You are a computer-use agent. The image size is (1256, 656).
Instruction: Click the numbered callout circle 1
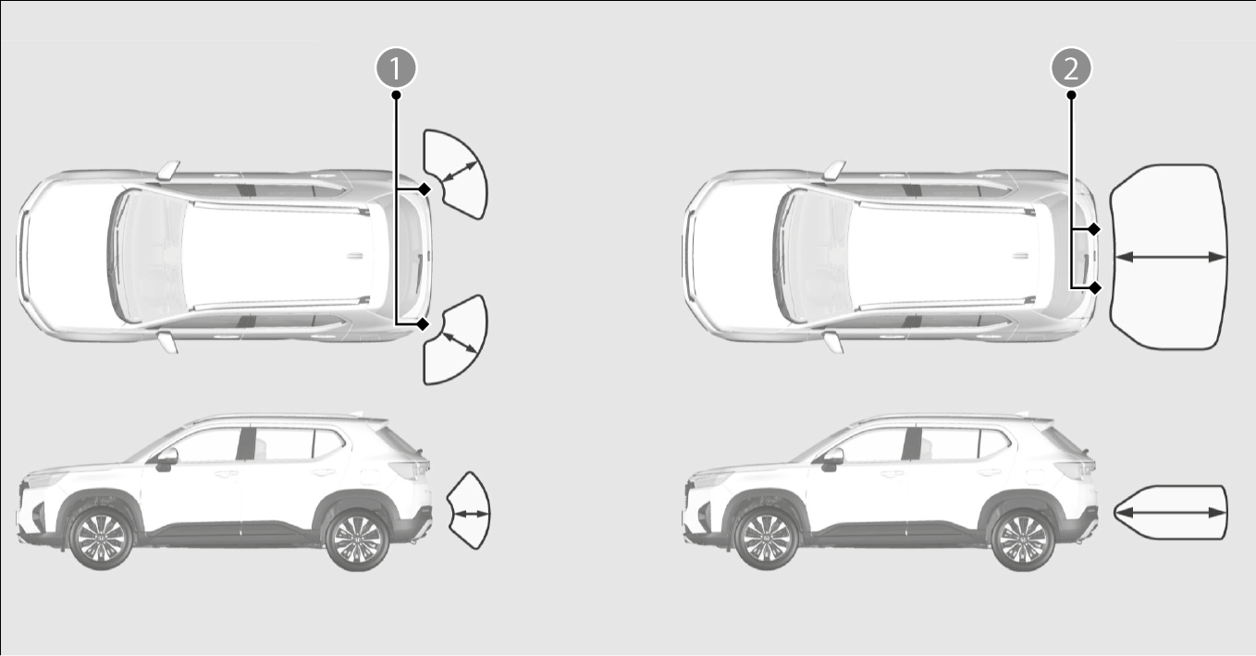[x=396, y=67]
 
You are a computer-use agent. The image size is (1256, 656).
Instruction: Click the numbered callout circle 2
[x=1071, y=67]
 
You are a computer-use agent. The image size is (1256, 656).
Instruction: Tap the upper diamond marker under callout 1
[x=425, y=189]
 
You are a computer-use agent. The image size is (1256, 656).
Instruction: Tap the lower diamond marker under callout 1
[x=424, y=323]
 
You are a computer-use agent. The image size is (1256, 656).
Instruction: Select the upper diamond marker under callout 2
[x=1094, y=229]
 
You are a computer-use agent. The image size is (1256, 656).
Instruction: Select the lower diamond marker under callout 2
[x=1094, y=288]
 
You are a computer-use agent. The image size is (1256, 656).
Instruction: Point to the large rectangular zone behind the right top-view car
[x=1168, y=257]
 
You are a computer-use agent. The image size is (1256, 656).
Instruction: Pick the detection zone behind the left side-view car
[x=470, y=511]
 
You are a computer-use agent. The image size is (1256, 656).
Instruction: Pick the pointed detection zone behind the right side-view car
[x=1171, y=513]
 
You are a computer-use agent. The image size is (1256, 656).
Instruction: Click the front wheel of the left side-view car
[x=101, y=539]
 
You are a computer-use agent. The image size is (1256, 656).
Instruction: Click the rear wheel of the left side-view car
[x=357, y=539]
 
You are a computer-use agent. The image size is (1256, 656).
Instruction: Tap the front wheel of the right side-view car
[x=767, y=539]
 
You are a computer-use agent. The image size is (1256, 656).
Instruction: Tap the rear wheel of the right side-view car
[x=1023, y=540]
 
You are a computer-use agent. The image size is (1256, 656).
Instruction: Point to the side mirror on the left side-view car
[x=166, y=459]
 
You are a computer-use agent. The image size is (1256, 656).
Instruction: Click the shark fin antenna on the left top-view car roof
[x=354, y=256]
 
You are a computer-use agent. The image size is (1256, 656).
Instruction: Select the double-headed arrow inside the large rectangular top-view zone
[x=1171, y=257]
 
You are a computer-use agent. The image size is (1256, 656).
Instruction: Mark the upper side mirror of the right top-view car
[x=833, y=170]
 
